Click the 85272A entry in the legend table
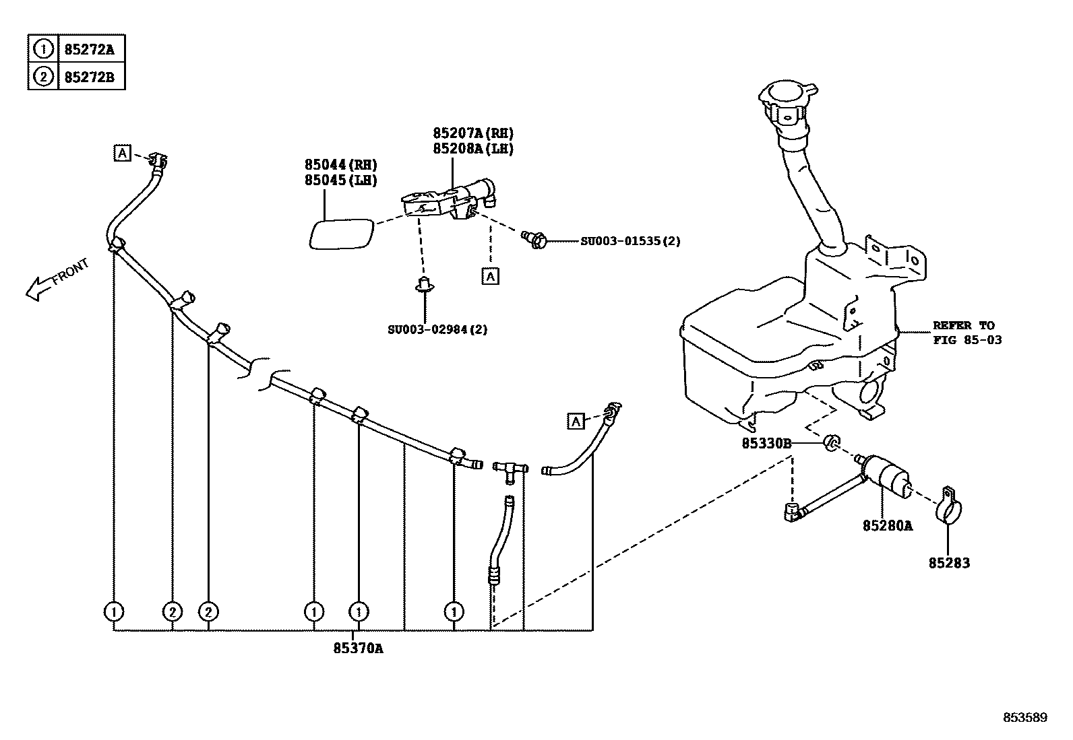tap(89, 49)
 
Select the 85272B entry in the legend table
tap(89, 77)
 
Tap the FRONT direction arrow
tap(57, 279)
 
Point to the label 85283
tap(949, 563)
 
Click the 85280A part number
tap(887, 525)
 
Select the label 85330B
tap(766, 443)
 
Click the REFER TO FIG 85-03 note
tap(967, 333)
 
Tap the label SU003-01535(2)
tap(630, 240)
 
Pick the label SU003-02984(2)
tap(437, 329)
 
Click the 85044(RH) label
tap(340, 164)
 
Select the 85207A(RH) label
tap(472, 133)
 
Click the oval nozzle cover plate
tap(341, 234)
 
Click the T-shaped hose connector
tap(510, 470)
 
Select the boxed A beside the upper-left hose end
tap(121, 153)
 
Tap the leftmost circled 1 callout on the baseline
tap(114, 611)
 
